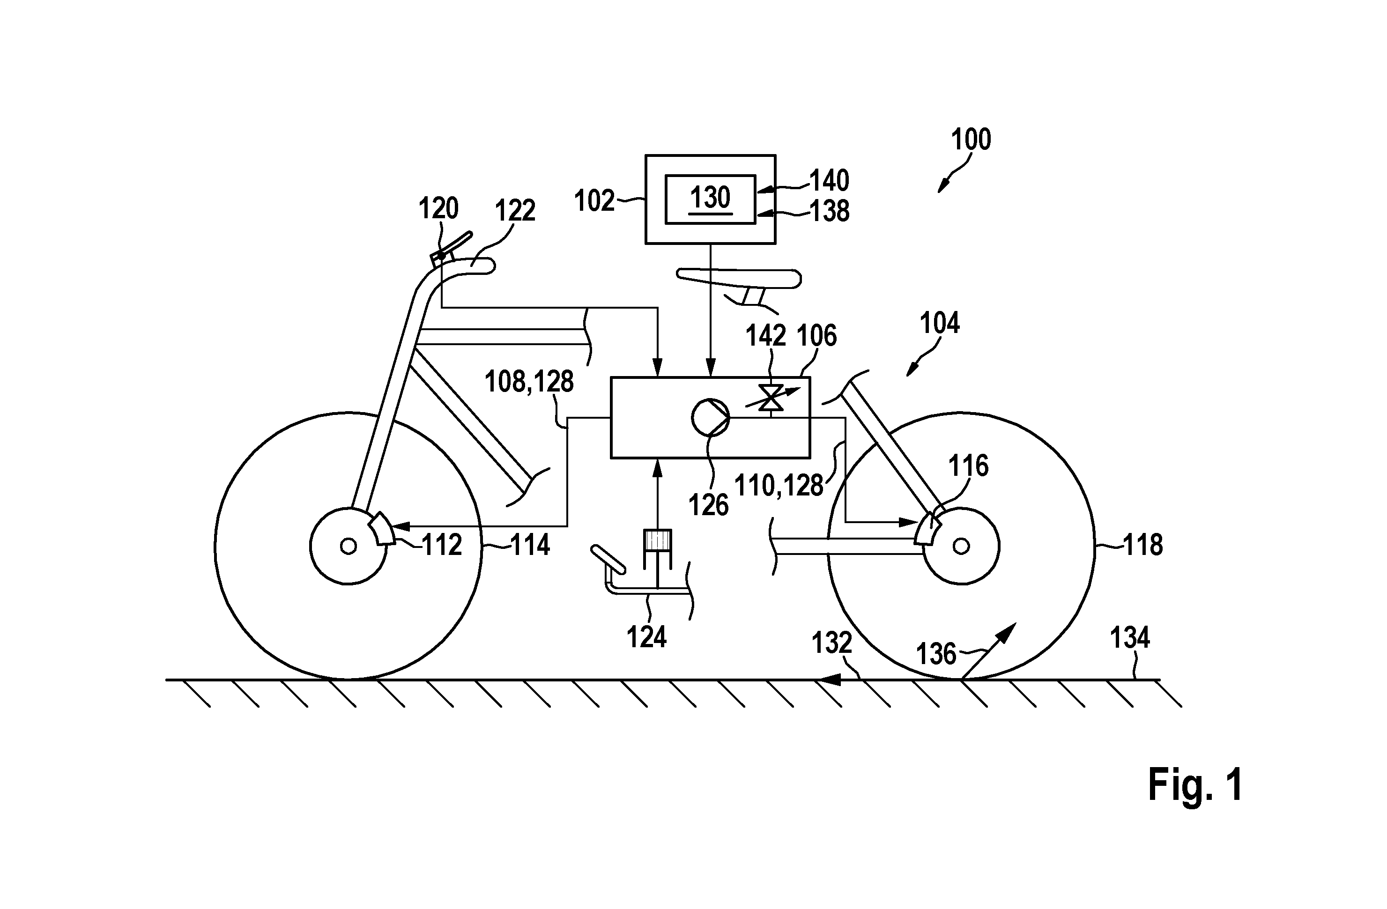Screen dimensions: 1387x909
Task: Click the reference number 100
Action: (971, 140)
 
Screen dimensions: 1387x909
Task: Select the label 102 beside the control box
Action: (594, 201)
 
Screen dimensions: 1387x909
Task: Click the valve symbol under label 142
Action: (771, 398)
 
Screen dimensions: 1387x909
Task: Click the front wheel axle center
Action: (349, 546)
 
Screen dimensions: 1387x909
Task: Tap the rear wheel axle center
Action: (961, 546)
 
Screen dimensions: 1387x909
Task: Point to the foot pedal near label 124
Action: (608, 559)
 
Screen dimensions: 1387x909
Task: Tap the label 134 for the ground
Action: (1129, 638)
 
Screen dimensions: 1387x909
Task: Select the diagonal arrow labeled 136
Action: (989, 651)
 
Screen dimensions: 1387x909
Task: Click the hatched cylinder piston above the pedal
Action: (657, 540)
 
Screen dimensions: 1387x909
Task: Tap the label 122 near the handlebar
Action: (515, 210)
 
